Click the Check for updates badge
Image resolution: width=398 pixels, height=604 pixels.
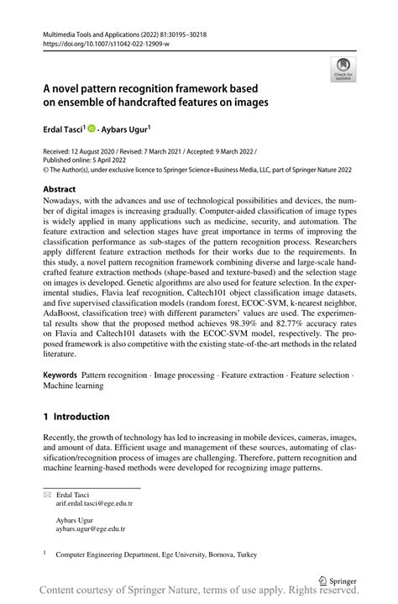point(342,71)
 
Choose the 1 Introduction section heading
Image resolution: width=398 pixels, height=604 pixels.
point(76,416)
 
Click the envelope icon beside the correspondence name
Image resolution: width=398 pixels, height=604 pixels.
point(47,495)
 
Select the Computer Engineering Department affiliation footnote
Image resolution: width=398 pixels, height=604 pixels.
point(156,554)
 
